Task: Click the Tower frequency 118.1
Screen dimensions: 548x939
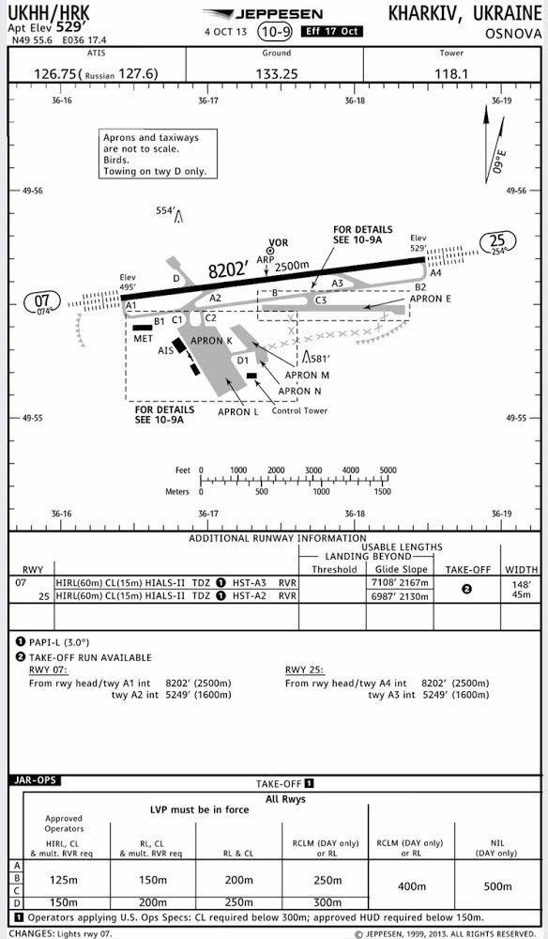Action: pyautogui.click(x=451, y=74)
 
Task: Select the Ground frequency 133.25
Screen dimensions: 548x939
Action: pyautogui.click(x=277, y=74)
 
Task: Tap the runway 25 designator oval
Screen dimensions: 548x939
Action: pyautogui.click(x=498, y=241)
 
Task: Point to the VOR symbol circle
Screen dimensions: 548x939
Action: pyautogui.click(x=270, y=251)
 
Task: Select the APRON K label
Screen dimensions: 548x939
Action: pyautogui.click(x=211, y=341)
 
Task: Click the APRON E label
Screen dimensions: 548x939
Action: pyautogui.click(x=430, y=299)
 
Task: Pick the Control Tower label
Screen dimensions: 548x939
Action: pyautogui.click(x=299, y=411)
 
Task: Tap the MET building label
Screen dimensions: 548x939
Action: pyautogui.click(x=143, y=339)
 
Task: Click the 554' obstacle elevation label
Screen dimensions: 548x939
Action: pyautogui.click(x=165, y=210)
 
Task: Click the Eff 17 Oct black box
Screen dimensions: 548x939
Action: pyautogui.click(x=331, y=32)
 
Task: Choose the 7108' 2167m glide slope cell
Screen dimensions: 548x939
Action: pyautogui.click(x=400, y=583)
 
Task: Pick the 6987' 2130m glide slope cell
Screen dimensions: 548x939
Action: pyautogui.click(x=400, y=596)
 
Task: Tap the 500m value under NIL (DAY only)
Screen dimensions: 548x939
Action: pyautogui.click(x=497, y=885)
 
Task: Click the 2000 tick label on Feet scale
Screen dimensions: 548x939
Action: pyautogui.click(x=276, y=470)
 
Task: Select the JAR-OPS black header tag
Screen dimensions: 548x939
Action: pyautogui.click(x=35, y=780)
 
